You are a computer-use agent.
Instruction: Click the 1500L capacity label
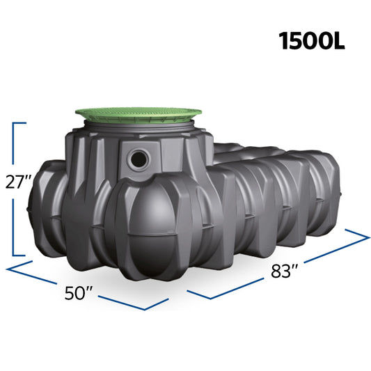coord(312,40)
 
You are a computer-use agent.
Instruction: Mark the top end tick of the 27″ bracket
coord(19,123)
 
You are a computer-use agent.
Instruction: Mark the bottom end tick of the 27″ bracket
coord(19,255)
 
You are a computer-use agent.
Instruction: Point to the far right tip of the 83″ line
coord(368,237)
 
